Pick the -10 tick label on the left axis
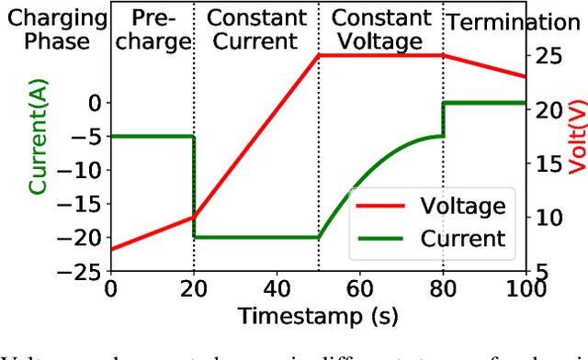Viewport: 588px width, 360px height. click(x=85, y=170)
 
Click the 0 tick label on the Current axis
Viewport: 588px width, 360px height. click(x=95, y=103)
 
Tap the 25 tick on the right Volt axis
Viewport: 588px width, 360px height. click(x=549, y=55)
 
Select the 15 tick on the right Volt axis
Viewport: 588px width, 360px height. click(x=549, y=163)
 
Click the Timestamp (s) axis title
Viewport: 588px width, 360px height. click(x=318, y=317)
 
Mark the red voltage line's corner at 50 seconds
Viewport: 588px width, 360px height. click(x=319, y=55)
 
